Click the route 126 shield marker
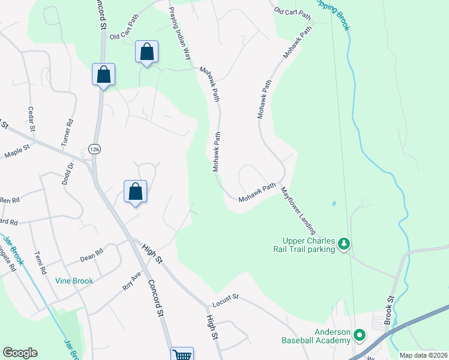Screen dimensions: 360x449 tap(94, 148)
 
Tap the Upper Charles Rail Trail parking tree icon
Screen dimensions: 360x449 tap(344, 244)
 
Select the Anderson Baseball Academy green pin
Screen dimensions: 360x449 tap(360, 334)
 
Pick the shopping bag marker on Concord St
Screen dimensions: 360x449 tap(103, 75)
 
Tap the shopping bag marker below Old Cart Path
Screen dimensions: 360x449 tap(146, 52)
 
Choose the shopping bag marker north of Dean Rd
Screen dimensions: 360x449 tap(136, 192)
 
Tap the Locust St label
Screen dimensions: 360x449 tap(225, 296)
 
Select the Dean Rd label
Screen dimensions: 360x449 tap(92, 256)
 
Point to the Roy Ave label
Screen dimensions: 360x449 tap(131, 282)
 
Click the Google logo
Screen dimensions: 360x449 tap(20, 353)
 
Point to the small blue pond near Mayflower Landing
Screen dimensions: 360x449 tap(333, 203)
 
